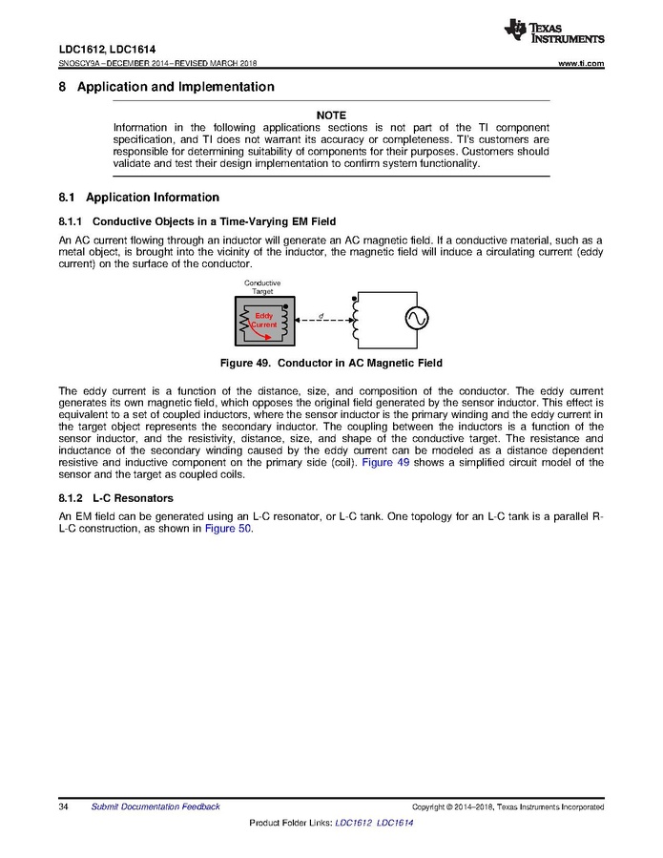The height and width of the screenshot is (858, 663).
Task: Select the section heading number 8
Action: (63, 87)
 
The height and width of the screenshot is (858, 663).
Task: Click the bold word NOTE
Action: (330, 115)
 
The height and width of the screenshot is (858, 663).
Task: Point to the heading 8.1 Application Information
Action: (139, 198)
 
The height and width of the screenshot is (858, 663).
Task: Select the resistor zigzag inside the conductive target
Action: (244, 323)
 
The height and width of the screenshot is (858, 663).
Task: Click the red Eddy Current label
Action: (264, 320)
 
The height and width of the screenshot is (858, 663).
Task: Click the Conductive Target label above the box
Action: (262, 287)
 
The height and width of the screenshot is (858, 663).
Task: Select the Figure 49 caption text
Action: (331, 364)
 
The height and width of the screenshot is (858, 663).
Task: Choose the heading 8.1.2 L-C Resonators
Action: (114, 498)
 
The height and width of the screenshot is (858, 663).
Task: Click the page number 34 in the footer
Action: (64, 806)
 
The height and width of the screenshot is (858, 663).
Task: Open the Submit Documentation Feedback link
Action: (155, 806)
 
